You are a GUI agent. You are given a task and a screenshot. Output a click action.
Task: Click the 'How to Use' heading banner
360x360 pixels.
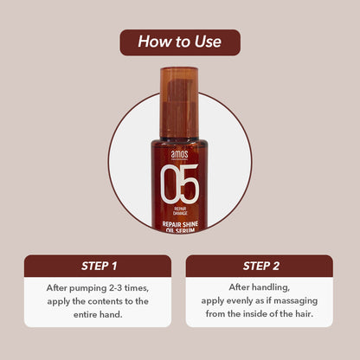coord(180,42)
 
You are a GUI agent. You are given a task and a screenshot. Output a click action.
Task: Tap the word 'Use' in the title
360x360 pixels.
coord(208,42)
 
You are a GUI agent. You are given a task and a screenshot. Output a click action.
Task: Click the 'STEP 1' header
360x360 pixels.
coord(99,266)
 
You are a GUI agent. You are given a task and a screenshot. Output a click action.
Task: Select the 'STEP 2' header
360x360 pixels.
coord(261,266)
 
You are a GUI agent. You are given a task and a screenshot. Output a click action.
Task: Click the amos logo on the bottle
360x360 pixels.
coord(179,154)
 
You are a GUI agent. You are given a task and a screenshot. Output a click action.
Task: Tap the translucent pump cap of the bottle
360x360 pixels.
coord(179,102)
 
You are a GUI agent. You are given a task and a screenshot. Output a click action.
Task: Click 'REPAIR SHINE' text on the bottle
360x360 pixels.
coord(180,224)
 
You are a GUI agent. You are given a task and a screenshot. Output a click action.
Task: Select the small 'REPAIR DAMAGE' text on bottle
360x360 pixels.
coord(180,211)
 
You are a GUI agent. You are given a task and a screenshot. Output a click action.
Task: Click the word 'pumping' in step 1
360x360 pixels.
coord(88,288)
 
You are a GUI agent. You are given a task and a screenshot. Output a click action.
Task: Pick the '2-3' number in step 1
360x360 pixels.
coord(116,287)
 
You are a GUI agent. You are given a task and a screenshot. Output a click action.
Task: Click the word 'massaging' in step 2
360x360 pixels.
coord(296,301)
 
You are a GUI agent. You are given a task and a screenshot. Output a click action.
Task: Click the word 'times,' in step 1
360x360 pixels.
coord(137,288)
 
